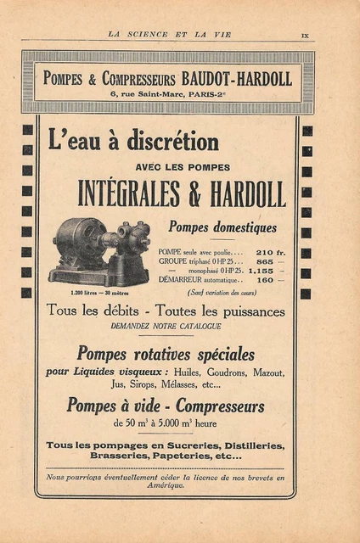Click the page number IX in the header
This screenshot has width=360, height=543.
click(305, 34)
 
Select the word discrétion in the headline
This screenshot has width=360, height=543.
click(173, 141)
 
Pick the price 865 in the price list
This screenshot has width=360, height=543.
click(266, 262)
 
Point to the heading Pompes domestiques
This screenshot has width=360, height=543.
click(222, 227)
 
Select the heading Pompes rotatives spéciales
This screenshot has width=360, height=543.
click(166, 353)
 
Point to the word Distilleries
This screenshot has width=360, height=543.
click(251, 445)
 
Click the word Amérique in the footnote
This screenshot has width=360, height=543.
click(166, 485)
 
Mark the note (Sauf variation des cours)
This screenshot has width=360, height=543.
click(220, 292)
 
